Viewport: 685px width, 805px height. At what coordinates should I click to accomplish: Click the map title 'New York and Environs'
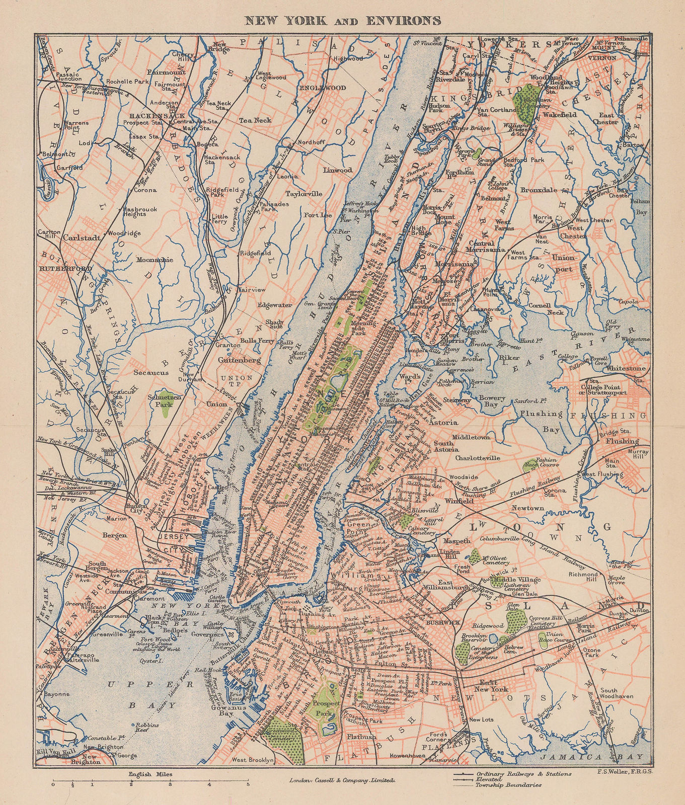(x=342, y=20)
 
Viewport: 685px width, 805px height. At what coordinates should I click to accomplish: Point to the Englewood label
(x=318, y=87)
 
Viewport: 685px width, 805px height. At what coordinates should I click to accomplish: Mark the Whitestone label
(x=626, y=368)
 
